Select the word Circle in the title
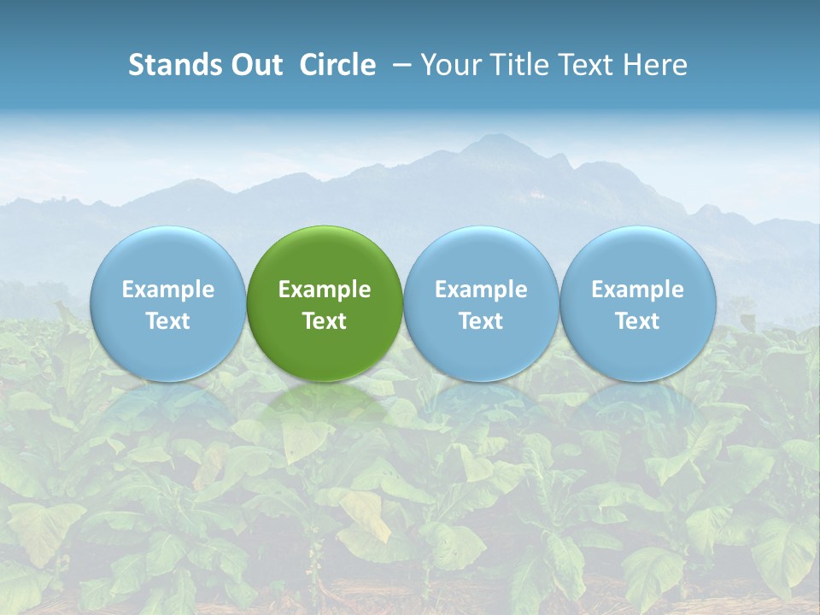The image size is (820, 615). pyautogui.click(x=337, y=65)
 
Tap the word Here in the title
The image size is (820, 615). pyautogui.click(x=655, y=65)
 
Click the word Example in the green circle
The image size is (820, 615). pyautogui.click(x=325, y=290)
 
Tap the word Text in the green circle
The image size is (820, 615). pyautogui.click(x=325, y=321)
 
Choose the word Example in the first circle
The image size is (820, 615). pyautogui.click(x=168, y=290)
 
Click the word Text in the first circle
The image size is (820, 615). pyautogui.click(x=168, y=321)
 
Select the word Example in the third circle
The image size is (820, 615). pyautogui.click(x=481, y=290)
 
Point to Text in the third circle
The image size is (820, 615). pyautogui.click(x=481, y=321)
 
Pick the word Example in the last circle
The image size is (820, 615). pyautogui.click(x=637, y=290)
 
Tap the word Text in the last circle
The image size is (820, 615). pyautogui.click(x=637, y=321)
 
